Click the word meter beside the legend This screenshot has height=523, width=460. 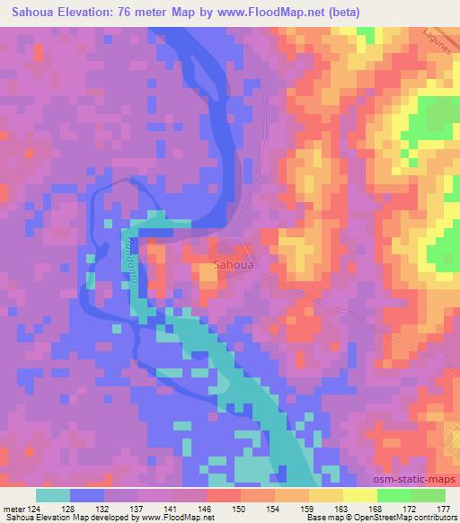17,509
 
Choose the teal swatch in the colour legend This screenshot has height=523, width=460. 53,495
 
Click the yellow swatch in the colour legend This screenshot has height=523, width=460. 360,495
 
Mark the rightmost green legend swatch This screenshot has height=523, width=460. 429,495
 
